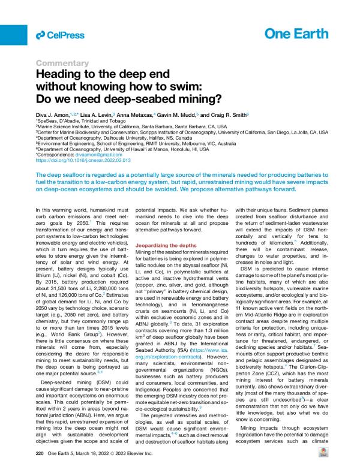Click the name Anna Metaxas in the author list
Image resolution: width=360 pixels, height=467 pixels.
(x=134, y=114)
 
